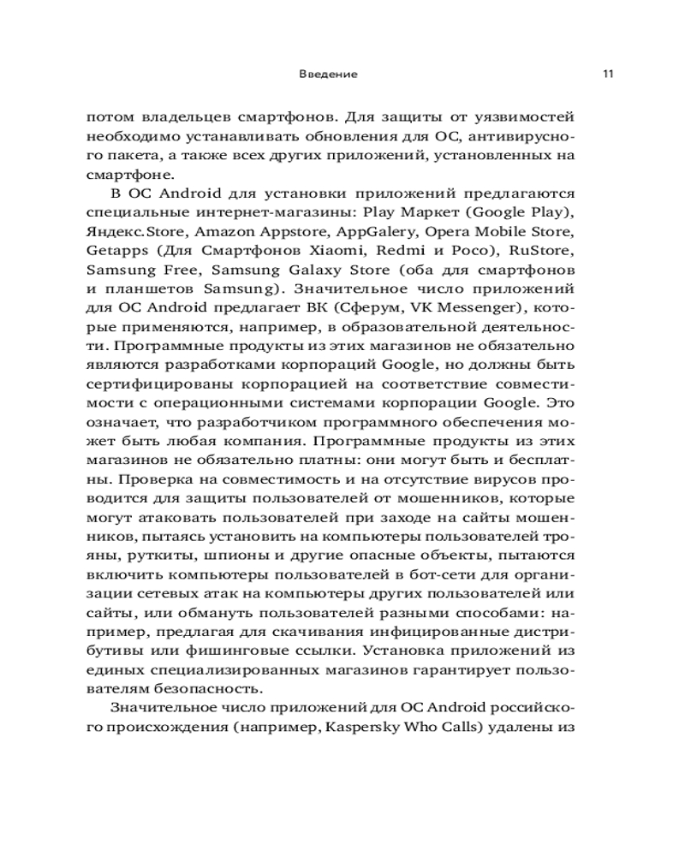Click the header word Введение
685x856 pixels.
[x=329, y=74]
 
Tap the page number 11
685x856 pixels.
[x=607, y=74]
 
